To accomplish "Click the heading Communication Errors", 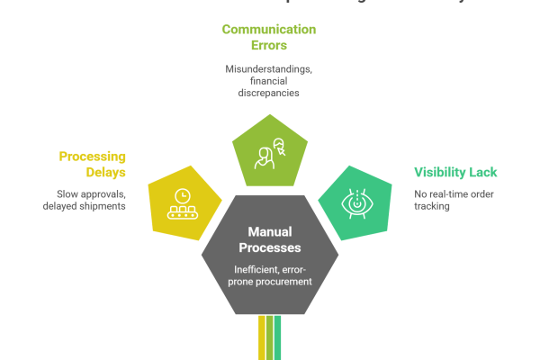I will (x=269, y=37).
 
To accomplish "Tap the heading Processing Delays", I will (x=92, y=164).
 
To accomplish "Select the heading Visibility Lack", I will (x=454, y=173).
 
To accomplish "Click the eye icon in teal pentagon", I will (x=355, y=203).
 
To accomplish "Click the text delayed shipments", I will (x=84, y=207).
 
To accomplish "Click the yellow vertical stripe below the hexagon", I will (x=262, y=342).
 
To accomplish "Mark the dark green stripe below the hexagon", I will (x=279, y=342).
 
